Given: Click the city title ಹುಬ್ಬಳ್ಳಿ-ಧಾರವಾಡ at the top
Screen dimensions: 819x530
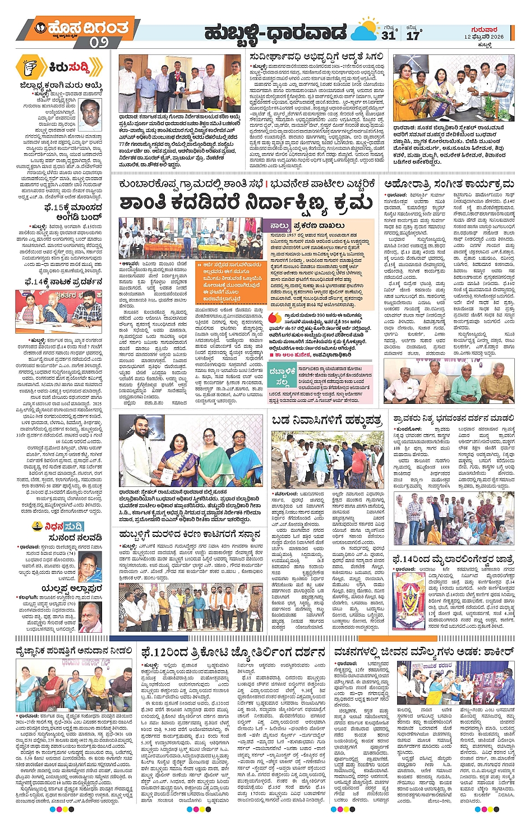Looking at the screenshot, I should tap(275, 33).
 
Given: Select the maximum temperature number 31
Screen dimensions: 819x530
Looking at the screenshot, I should tap(389, 35).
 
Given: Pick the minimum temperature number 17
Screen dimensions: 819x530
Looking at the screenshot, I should tap(413, 35).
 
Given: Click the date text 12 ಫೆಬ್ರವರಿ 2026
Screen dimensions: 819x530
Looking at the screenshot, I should tap(483, 37).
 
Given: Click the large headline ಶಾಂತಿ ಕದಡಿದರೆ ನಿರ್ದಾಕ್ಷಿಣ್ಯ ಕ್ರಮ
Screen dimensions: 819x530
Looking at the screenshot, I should tap(246, 204).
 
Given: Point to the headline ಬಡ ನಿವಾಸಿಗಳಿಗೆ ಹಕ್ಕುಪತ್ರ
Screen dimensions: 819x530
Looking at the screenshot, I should tap(326, 420).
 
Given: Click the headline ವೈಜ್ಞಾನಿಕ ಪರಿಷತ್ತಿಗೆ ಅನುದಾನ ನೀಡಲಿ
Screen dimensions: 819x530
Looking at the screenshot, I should tap(73, 651).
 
